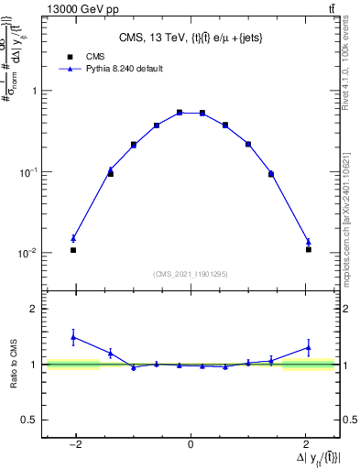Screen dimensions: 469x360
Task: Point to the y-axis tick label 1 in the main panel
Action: (34, 91)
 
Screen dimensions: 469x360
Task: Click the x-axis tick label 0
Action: (191, 445)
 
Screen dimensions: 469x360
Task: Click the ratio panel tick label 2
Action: (34, 309)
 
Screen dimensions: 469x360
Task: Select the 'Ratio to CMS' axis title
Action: (14, 364)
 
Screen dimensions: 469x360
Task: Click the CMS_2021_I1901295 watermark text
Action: (191, 274)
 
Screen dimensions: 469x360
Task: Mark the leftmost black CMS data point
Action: (73, 250)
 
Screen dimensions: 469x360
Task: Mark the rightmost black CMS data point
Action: (309, 249)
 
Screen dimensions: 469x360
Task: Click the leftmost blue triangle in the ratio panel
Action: (73, 337)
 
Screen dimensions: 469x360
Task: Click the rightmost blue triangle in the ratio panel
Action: (309, 347)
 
